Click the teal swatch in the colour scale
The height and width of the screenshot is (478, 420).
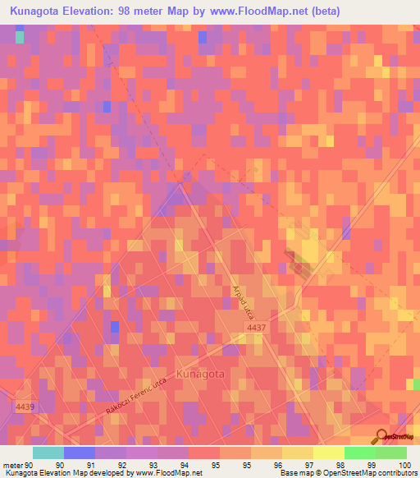pos(48,453)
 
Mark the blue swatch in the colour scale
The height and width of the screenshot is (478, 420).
pos(80,453)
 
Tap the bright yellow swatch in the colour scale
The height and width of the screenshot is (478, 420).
pos(328,453)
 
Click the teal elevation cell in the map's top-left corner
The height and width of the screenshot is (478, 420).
pos(20,37)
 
